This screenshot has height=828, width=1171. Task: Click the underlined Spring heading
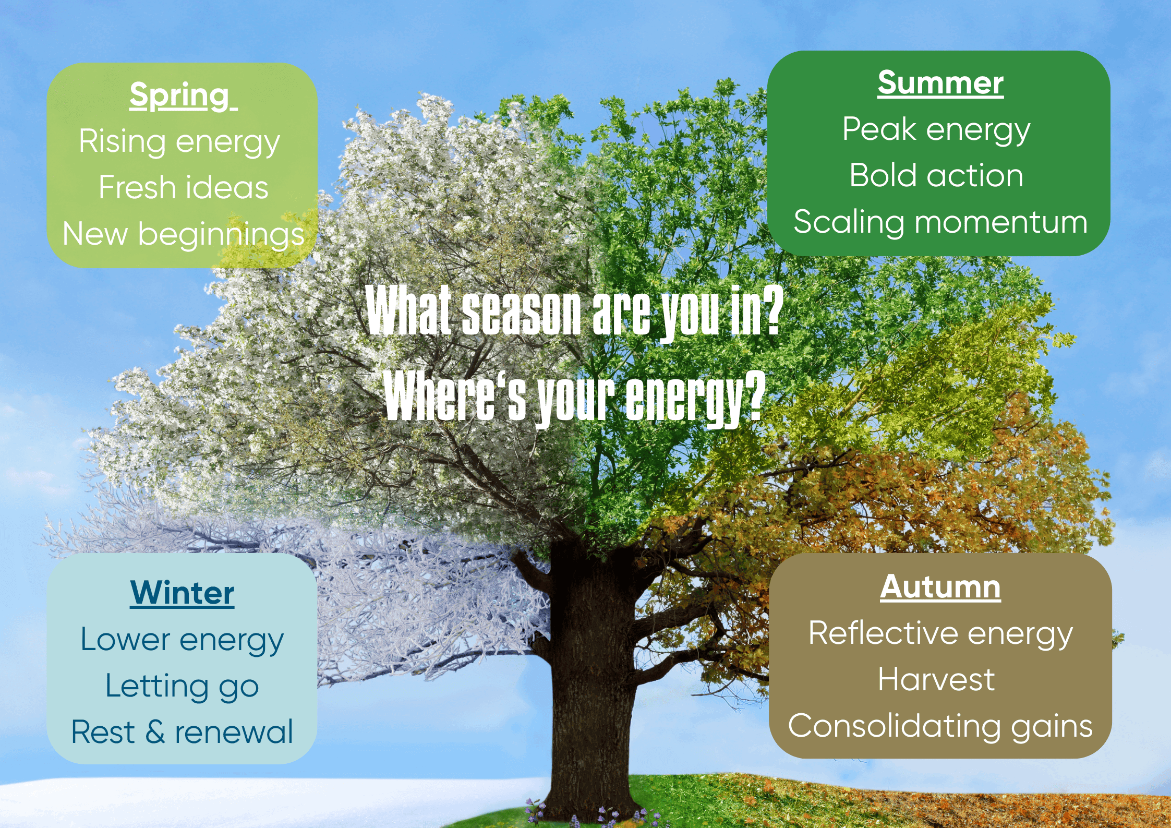point(183,96)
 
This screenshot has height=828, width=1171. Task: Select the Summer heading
point(940,83)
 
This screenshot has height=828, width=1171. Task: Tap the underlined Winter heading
point(182,593)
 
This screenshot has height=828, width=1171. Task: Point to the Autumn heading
point(940,587)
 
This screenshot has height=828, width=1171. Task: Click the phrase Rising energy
point(179,142)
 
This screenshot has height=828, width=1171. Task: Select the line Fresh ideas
point(184,187)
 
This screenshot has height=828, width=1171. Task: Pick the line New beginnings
point(184,234)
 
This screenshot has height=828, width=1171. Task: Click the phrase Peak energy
point(936,130)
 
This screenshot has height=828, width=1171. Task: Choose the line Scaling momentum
point(940,223)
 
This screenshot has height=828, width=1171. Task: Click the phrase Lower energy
point(182,640)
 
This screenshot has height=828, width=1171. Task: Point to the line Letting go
point(182,687)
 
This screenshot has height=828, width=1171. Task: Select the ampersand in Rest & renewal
point(155,731)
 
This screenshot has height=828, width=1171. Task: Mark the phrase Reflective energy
point(940,634)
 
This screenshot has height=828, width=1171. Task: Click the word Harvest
point(936,679)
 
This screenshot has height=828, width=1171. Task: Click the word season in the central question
point(521,312)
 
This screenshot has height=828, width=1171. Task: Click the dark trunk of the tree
point(592,678)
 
